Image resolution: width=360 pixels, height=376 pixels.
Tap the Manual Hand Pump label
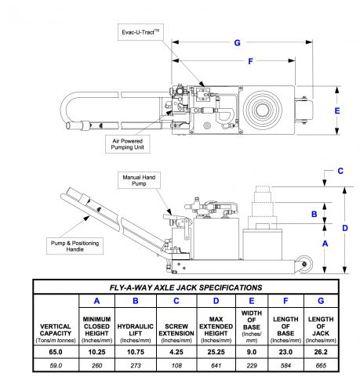pos(140,182)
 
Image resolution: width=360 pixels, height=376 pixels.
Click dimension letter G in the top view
pos(236,42)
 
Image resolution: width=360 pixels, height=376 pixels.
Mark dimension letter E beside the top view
pos(337,110)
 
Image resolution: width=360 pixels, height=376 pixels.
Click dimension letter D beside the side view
pos(345,228)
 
